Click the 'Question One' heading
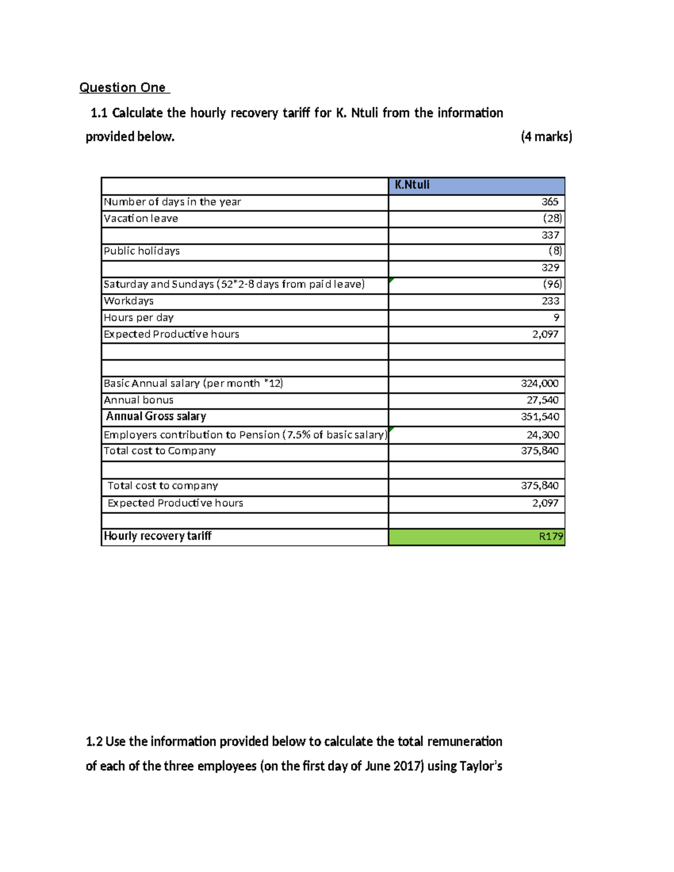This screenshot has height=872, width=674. [x=123, y=88]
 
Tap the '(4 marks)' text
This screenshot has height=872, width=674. [x=546, y=136]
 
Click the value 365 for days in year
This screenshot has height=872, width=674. [x=550, y=202]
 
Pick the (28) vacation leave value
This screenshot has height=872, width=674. [x=552, y=218]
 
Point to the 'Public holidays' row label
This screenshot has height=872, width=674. [x=142, y=251]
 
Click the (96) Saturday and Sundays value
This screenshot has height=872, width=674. [x=552, y=284]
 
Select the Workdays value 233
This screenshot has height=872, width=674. [x=550, y=301]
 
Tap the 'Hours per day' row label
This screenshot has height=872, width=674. [x=139, y=318]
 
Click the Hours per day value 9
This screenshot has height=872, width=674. [x=556, y=318]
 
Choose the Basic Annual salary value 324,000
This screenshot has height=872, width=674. [x=539, y=384]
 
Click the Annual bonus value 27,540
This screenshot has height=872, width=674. [x=542, y=400]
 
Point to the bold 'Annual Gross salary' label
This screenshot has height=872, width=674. [x=156, y=416]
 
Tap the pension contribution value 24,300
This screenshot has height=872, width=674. [x=542, y=435]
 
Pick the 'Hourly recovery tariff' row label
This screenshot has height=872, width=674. [x=157, y=536]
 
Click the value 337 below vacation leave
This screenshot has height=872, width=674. [x=550, y=235]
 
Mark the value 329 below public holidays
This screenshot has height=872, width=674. [x=550, y=268]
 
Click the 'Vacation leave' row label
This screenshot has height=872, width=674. [x=141, y=218]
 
